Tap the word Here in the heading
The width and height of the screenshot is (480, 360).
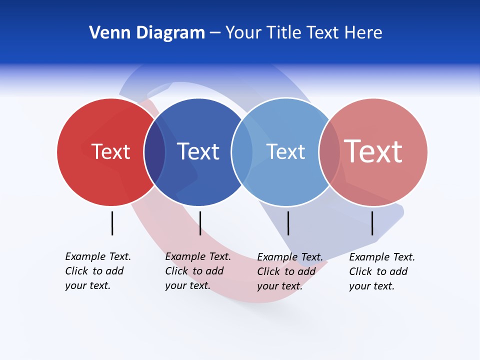(364, 33)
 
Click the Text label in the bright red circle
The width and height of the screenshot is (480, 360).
(110, 151)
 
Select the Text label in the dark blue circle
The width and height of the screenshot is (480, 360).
(198, 151)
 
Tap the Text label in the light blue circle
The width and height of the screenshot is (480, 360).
(285, 151)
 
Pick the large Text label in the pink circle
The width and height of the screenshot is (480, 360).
(373, 151)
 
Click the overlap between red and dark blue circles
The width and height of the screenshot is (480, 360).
(154, 152)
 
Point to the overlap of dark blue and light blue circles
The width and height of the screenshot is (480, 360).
(242, 152)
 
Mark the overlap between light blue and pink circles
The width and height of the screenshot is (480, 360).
(329, 152)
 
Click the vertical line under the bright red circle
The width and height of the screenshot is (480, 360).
(112, 223)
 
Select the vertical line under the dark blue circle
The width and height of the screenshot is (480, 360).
(200, 223)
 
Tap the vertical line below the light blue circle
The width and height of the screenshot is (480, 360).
(288, 223)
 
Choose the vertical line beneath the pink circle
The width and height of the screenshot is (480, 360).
(372, 223)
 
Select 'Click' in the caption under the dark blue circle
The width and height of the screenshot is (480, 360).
(176, 271)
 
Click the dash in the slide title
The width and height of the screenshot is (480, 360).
(215, 33)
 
